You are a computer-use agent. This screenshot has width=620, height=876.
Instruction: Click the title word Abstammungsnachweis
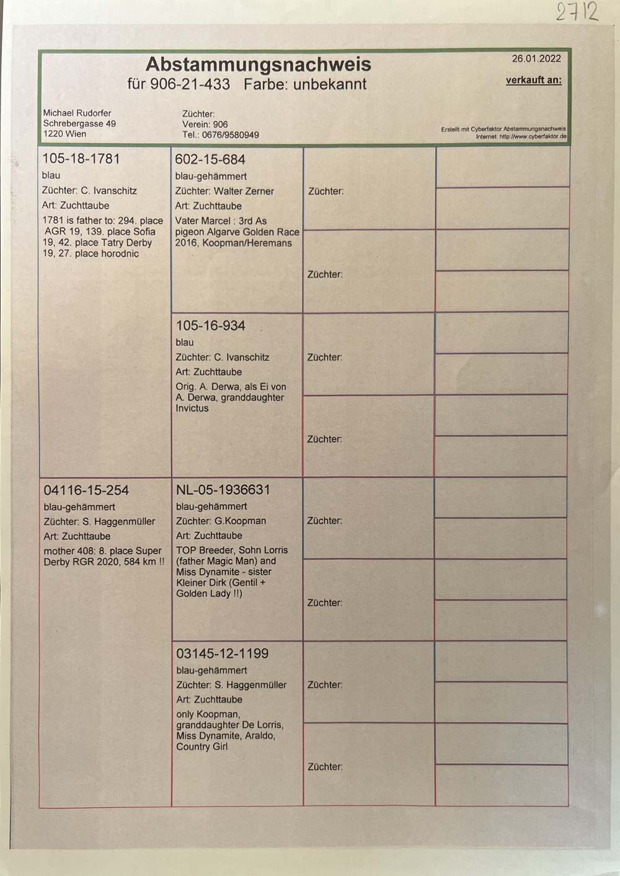[x=259, y=64]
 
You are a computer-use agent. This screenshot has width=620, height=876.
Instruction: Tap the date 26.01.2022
[x=536, y=59]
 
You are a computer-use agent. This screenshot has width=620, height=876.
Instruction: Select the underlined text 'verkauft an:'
[x=533, y=80]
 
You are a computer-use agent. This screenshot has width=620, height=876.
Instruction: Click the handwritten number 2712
[x=577, y=11]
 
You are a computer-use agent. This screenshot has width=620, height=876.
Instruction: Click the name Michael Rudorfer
[x=77, y=113]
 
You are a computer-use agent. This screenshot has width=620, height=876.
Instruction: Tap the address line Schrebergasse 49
[x=79, y=123]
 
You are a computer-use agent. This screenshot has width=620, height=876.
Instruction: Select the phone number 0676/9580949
[x=230, y=135]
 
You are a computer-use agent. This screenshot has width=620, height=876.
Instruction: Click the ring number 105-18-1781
[x=81, y=159]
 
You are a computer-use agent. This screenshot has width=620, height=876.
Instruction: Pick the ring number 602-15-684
[x=210, y=159]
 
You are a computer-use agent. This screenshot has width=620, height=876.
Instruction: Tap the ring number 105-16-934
[x=210, y=325]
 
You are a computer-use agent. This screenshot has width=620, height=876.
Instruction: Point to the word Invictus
[x=192, y=409]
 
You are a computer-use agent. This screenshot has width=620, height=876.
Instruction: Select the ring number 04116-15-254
[x=86, y=490]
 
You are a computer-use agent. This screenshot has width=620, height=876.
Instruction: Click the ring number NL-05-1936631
[x=223, y=490]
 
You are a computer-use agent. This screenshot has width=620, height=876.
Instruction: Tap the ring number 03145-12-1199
[x=222, y=653]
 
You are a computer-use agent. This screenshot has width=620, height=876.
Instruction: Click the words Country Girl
[x=201, y=746]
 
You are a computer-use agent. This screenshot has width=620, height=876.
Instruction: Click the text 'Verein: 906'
[x=205, y=124]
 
